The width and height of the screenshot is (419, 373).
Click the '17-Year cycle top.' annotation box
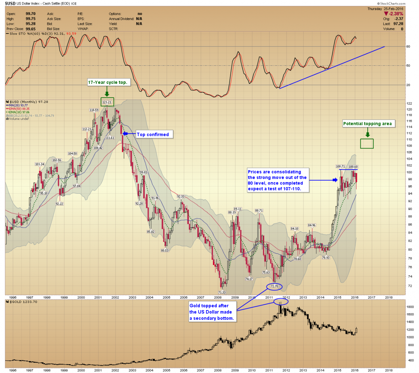point(108,83)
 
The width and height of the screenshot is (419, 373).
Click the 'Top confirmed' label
point(153,135)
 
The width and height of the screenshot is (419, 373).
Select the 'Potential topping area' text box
point(367,123)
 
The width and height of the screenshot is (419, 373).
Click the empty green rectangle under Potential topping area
point(367,143)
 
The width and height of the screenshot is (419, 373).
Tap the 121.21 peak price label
point(107,102)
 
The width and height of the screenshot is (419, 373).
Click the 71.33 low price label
point(222,293)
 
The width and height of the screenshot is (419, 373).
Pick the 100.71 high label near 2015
point(340,166)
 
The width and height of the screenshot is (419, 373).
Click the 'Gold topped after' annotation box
point(212,312)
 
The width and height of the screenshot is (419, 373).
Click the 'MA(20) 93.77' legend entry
point(19,105)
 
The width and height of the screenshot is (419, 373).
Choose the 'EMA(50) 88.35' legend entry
point(20,109)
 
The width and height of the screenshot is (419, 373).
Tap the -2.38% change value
point(396,14)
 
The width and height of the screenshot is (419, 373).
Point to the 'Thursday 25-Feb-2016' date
point(385,9)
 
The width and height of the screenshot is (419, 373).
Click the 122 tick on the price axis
point(409,103)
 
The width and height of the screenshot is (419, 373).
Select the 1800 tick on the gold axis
point(410,307)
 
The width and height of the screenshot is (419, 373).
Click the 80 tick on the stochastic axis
point(409,46)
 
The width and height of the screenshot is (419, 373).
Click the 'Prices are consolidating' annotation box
point(277,180)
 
